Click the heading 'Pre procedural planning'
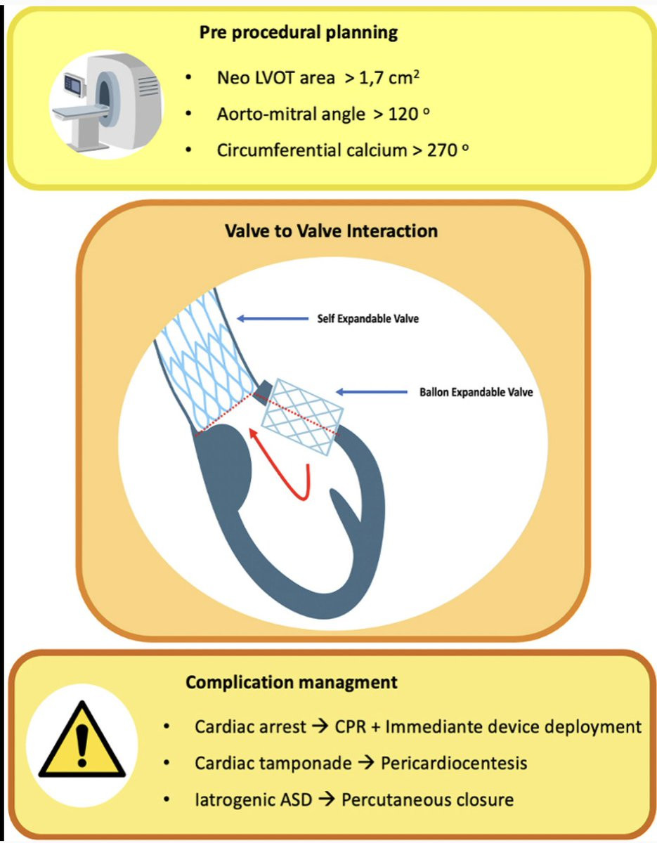[x=299, y=32]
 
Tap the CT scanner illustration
[x=106, y=105]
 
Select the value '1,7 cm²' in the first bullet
[x=389, y=78]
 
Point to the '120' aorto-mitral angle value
[x=403, y=114]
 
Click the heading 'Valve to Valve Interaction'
[x=332, y=231]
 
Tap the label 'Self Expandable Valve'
[x=368, y=318]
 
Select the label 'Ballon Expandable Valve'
[x=476, y=392]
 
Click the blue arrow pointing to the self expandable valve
[x=273, y=318]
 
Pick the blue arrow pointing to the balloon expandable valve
[x=372, y=392]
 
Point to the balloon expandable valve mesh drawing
[x=302, y=417]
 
